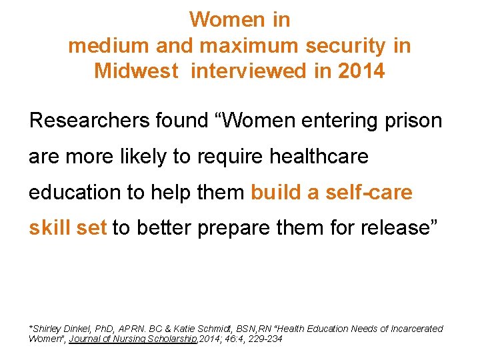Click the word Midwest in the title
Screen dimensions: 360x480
coord(136,71)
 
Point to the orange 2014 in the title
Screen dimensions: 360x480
coord(361,71)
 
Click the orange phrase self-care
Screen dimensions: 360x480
coord(369,192)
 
